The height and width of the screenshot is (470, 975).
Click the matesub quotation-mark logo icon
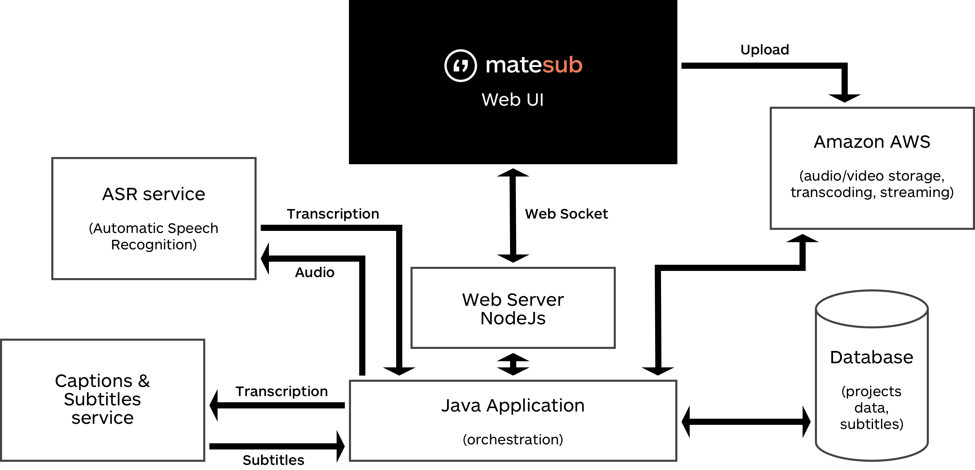pos(460,65)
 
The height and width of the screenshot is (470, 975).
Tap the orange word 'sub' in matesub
pos(562,65)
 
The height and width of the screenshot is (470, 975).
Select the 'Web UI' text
pos(512,100)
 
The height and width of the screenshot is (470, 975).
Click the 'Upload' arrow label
pos(765,50)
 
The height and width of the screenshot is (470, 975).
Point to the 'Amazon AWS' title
pos(872,142)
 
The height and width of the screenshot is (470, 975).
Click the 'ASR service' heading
pos(154,195)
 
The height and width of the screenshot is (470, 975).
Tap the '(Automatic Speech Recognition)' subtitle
pos(154,236)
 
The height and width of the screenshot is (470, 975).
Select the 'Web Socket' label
pos(566,214)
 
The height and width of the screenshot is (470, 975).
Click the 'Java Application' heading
pos(513,406)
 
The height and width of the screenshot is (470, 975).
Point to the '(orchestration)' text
pos(513,440)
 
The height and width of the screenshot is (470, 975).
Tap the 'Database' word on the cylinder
pos(871,357)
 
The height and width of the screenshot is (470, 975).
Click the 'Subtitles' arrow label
pos(273,460)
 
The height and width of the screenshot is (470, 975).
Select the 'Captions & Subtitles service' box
pos(103,400)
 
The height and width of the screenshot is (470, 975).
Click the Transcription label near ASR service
pos(333,214)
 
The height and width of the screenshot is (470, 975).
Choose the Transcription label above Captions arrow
pos(282,392)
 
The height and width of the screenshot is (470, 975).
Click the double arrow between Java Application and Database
pos(746,421)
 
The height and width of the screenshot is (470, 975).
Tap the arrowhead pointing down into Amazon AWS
pos(844,97)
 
